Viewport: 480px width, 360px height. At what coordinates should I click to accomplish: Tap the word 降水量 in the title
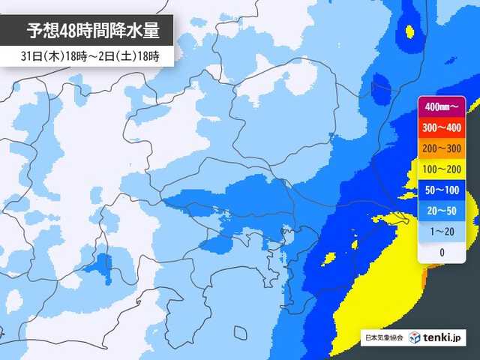(135, 31)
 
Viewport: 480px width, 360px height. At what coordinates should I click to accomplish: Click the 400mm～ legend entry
(441, 107)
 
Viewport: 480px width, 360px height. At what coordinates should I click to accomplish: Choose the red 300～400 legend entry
(441, 128)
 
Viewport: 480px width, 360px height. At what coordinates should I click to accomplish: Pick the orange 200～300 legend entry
(441, 149)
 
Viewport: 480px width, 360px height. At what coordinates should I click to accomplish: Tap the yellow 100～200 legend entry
(441, 170)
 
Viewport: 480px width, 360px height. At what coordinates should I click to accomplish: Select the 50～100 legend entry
(441, 190)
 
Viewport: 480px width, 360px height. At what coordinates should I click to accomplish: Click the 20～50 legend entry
(441, 211)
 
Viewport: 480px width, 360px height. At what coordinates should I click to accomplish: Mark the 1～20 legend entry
(441, 232)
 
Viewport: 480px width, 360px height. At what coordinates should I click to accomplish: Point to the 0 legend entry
(441, 253)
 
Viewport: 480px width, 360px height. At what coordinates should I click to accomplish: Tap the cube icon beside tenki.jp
(415, 338)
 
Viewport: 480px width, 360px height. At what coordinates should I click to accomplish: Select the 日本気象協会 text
(382, 338)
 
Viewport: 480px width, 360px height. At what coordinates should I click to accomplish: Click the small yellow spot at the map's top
(409, 31)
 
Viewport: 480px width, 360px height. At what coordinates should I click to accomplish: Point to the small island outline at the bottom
(240, 332)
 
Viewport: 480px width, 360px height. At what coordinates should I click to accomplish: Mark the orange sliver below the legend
(425, 278)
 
